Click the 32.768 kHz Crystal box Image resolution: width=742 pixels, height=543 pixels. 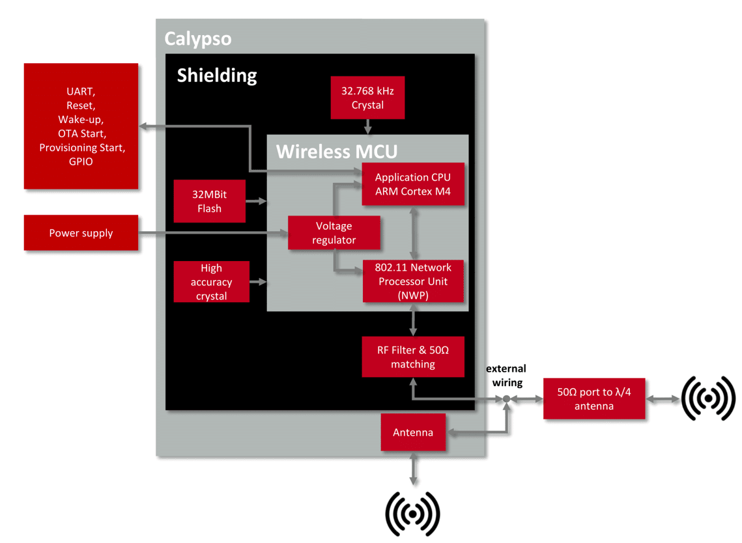(x=367, y=98)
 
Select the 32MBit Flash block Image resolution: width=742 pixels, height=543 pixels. (x=209, y=201)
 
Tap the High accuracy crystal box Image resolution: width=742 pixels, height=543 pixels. (x=211, y=281)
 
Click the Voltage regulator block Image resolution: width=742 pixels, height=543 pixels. (x=334, y=233)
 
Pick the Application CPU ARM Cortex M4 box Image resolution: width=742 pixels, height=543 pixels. (x=413, y=184)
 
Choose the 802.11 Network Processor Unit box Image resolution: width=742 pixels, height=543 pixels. (x=413, y=281)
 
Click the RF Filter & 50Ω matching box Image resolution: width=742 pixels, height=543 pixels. (x=413, y=357)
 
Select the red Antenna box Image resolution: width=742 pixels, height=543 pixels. (x=413, y=432)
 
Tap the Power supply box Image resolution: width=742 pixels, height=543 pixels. (x=81, y=233)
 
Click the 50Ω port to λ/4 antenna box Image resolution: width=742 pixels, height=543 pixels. (x=593, y=399)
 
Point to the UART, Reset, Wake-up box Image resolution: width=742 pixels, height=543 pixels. (x=81, y=126)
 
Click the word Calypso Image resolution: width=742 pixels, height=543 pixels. (x=197, y=38)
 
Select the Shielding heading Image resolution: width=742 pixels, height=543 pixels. (x=217, y=76)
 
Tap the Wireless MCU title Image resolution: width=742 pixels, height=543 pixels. (x=336, y=152)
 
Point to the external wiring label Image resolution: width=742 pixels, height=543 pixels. (x=506, y=376)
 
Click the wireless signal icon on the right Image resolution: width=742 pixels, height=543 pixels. (x=708, y=398)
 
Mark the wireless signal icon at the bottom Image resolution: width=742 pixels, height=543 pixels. (x=413, y=514)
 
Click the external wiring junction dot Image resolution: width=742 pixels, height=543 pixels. (x=506, y=399)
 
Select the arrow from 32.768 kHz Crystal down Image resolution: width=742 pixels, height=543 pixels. (x=367, y=127)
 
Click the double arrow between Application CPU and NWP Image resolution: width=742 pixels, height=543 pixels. (x=413, y=232)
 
